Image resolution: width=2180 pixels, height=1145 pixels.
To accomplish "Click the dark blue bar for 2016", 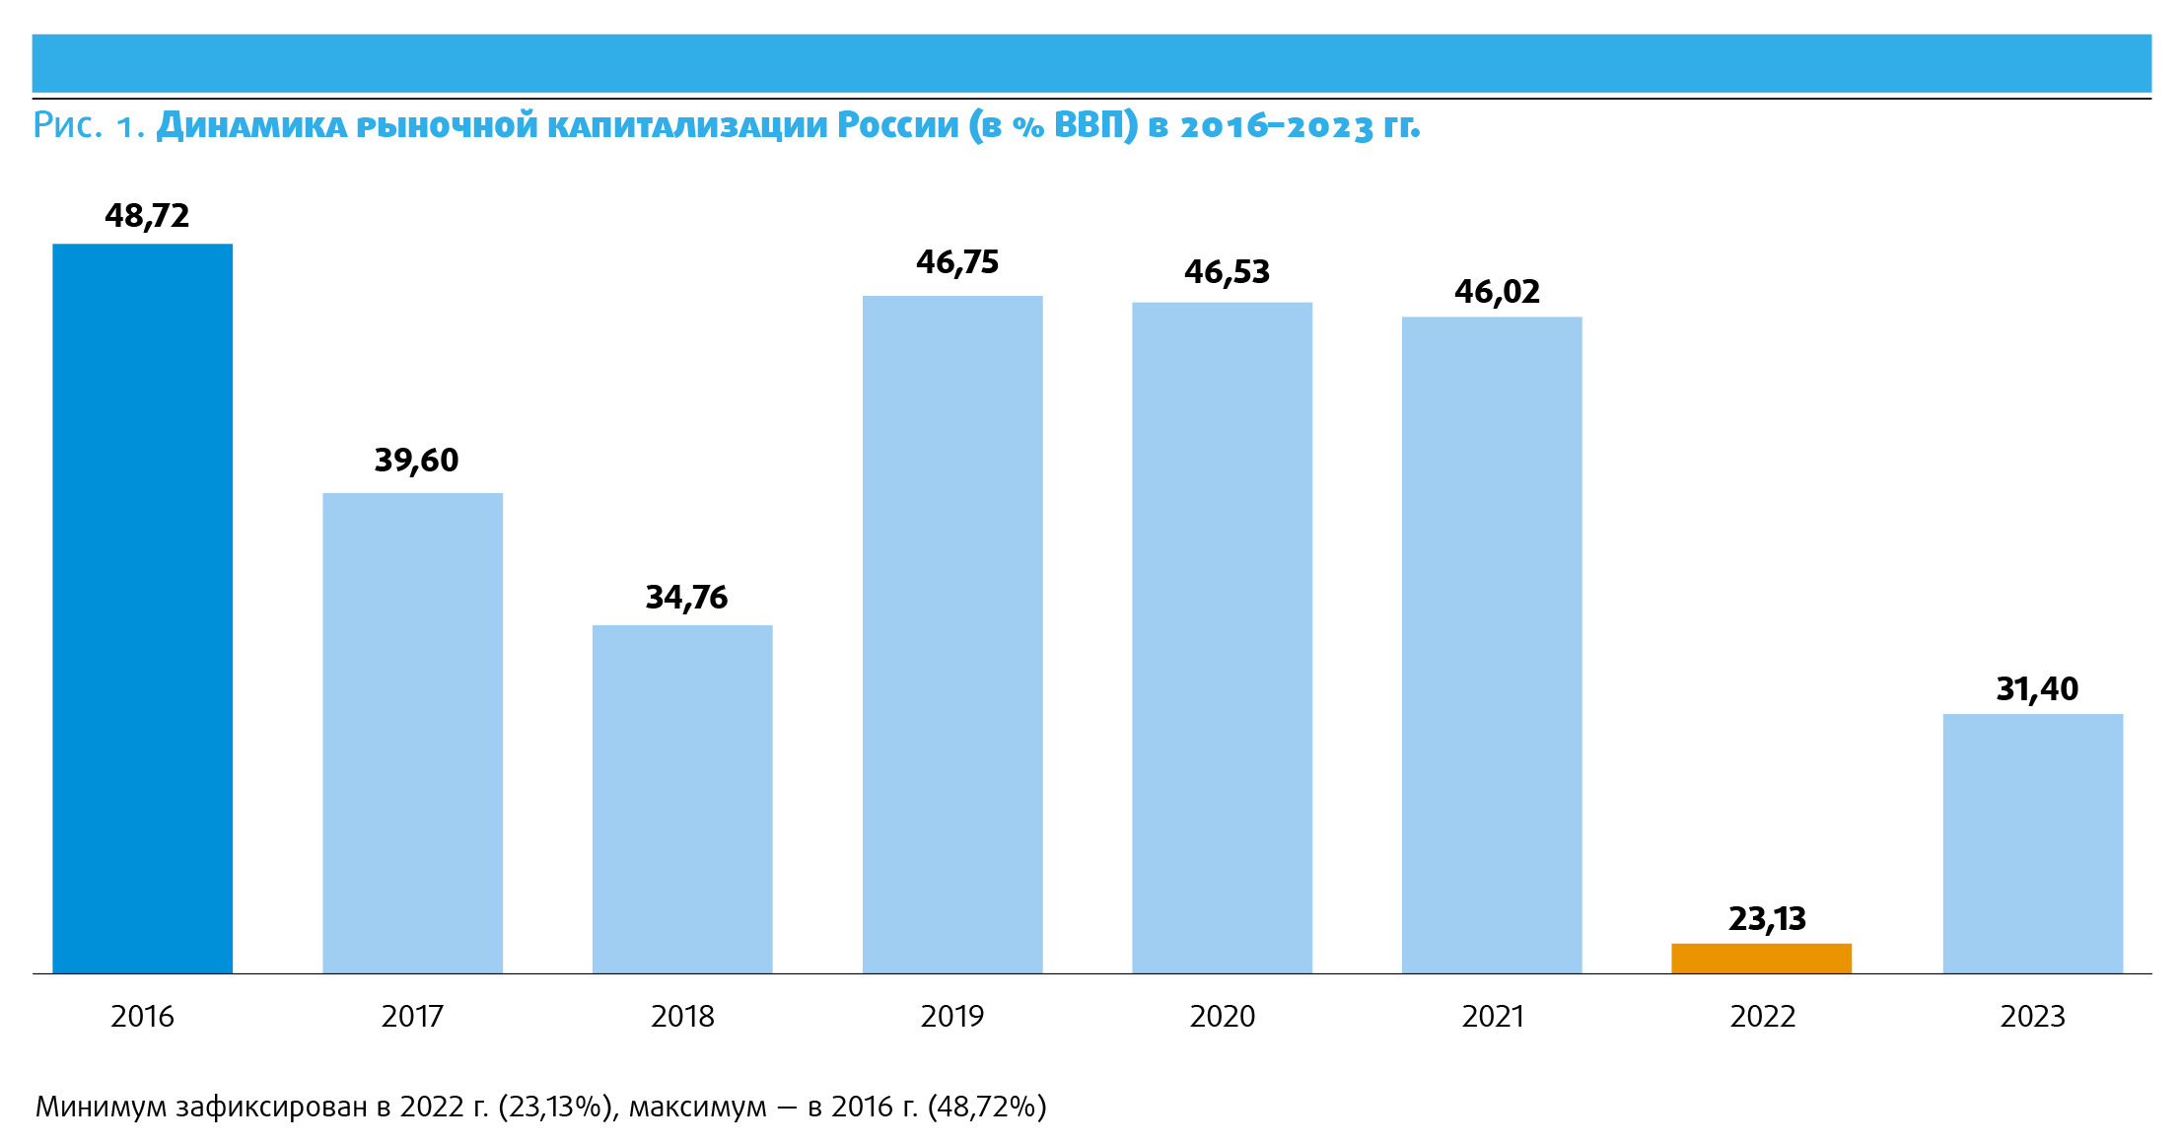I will [142, 608].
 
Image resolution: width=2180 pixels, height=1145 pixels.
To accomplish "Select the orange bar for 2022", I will [1761, 959].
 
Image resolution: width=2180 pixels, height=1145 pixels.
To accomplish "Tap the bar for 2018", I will [682, 799].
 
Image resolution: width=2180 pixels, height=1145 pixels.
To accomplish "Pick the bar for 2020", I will [1222, 637].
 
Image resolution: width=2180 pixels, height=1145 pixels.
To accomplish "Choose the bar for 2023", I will [2032, 843].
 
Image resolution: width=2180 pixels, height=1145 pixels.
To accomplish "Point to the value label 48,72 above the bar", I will [147, 216].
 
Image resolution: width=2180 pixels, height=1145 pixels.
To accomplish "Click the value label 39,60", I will [416, 461].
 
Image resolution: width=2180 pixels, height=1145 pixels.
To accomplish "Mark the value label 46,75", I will [956, 262].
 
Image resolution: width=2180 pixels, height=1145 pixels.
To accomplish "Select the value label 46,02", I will [1497, 292].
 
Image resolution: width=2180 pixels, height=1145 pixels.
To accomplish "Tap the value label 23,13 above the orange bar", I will [1767, 919].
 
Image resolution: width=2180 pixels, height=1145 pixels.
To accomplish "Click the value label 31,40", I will [2037, 689].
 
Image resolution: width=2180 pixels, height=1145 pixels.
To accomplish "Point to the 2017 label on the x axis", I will [412, 1017].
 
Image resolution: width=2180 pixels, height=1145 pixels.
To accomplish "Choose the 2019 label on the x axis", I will [951, 1017].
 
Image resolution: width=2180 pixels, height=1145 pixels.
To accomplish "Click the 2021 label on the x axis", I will [1492, 1017].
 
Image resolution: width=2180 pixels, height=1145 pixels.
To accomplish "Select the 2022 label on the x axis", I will [1762, 1017].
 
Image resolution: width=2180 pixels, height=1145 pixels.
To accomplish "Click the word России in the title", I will [897, 126].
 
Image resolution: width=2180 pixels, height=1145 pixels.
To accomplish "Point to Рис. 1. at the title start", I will [89, 126].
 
